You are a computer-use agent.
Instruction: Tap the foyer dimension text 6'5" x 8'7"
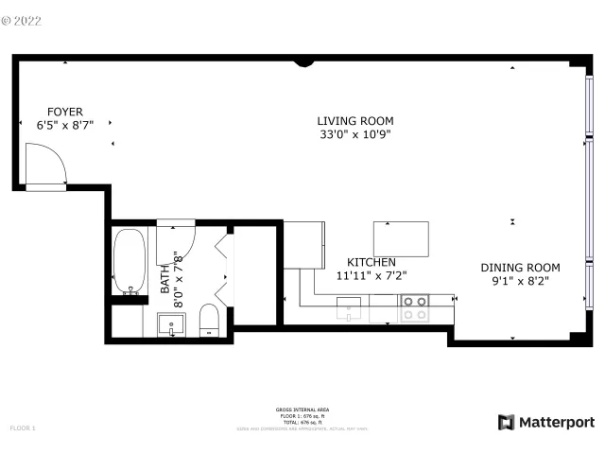point(65,124)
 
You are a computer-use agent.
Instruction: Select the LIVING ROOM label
point(354,121)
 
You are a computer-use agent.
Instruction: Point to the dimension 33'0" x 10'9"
point(354,134)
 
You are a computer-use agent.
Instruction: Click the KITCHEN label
point(371,262)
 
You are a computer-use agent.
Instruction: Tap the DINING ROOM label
point(520,268)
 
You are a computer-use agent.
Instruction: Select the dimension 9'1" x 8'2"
point(520,281)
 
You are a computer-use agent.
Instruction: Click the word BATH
point(164,278)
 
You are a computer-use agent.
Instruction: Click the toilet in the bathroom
point(210,321)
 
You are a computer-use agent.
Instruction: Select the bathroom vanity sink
point(172,327)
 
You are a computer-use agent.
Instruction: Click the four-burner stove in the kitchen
point(414,307)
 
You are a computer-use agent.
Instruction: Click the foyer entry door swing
point(45,165)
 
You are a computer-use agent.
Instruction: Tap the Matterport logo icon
point(507,422)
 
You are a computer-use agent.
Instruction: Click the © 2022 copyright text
point(23,17)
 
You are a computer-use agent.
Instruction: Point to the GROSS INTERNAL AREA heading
point(302,410)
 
